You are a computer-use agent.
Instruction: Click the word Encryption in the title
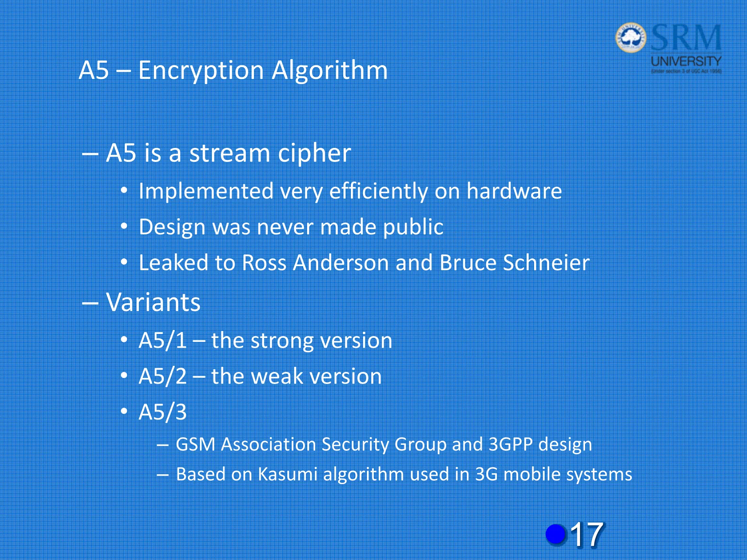(201, 70)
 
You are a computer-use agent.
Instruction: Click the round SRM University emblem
(631, 38)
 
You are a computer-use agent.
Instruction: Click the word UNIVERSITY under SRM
(686, 61)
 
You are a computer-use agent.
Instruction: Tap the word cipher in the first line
(314, 153)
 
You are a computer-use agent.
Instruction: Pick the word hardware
(514, 191)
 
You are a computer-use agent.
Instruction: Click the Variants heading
(153, 302)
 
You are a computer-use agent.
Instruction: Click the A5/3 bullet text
(163, 412)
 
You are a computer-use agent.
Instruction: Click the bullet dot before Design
(124, 227)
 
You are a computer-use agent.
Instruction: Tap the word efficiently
(378, 191)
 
